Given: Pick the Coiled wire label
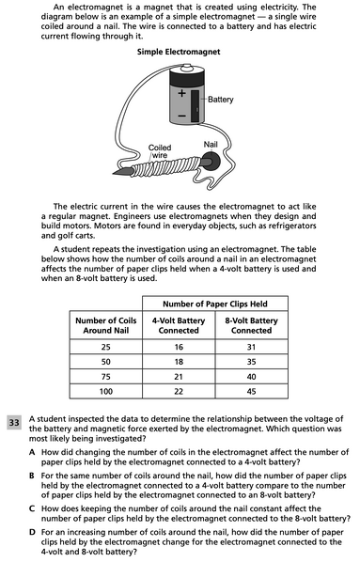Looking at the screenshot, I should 160,151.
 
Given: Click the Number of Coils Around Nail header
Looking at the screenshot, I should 106,325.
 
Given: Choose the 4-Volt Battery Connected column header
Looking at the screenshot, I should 178,325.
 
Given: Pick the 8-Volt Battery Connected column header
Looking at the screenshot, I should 251,325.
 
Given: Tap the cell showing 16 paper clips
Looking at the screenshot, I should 178,347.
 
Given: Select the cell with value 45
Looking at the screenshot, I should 251,388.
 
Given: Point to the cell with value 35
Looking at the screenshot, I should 251,361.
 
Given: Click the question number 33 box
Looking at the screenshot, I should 15,423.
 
